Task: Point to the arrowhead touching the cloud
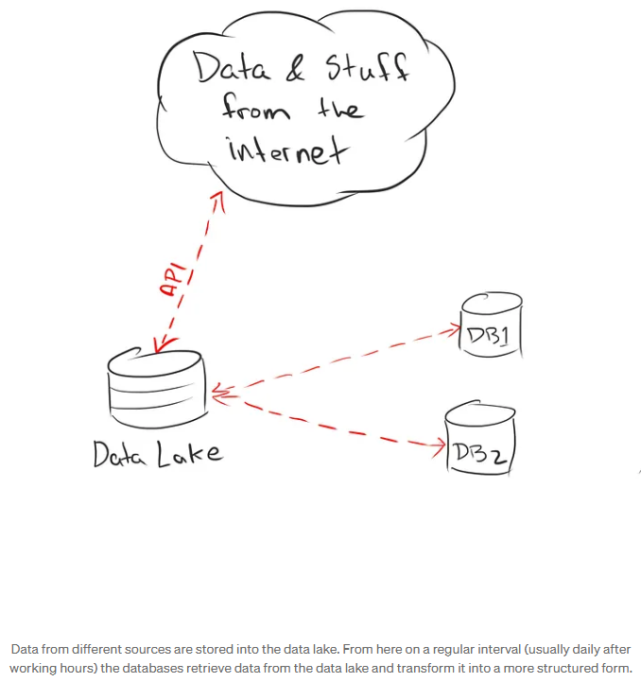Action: click(x=217, y=199)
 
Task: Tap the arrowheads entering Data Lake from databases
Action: click(x=219, y=390)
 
